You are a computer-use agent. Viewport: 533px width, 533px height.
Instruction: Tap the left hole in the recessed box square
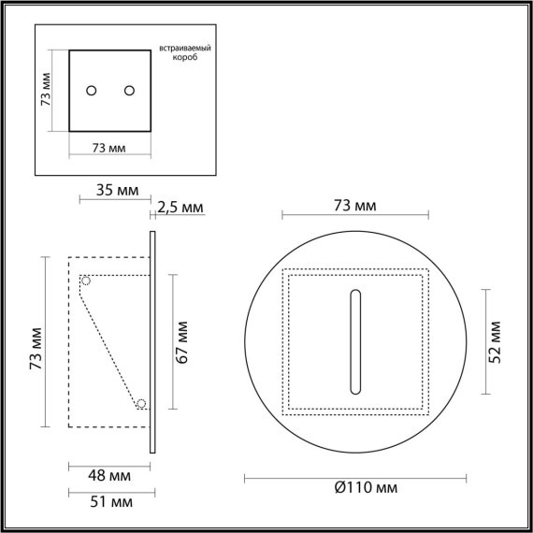[92, 90]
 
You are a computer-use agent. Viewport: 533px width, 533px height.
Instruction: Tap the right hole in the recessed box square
[129, 90]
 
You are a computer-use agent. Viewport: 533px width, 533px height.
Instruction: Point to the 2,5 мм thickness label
[180, 207]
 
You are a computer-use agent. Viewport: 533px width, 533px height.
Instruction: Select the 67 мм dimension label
[184, 341]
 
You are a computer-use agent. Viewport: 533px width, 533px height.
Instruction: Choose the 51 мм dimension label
[109, 503]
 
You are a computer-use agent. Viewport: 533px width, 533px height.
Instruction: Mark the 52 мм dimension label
[497, 341]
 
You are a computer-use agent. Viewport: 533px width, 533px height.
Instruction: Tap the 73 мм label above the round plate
[355, 205]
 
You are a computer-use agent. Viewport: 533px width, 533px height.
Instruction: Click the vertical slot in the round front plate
[355, 342]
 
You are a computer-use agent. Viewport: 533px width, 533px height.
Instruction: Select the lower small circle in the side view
[141, 404]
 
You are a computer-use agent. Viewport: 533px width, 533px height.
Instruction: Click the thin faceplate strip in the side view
[151, 341]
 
